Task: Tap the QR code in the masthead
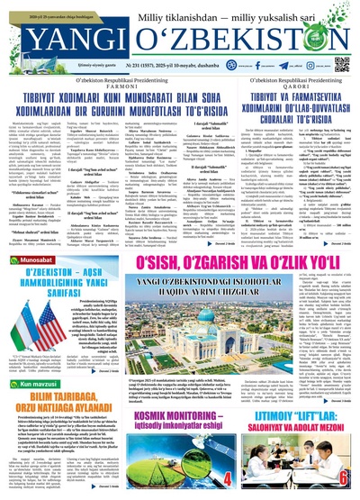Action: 342,32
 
